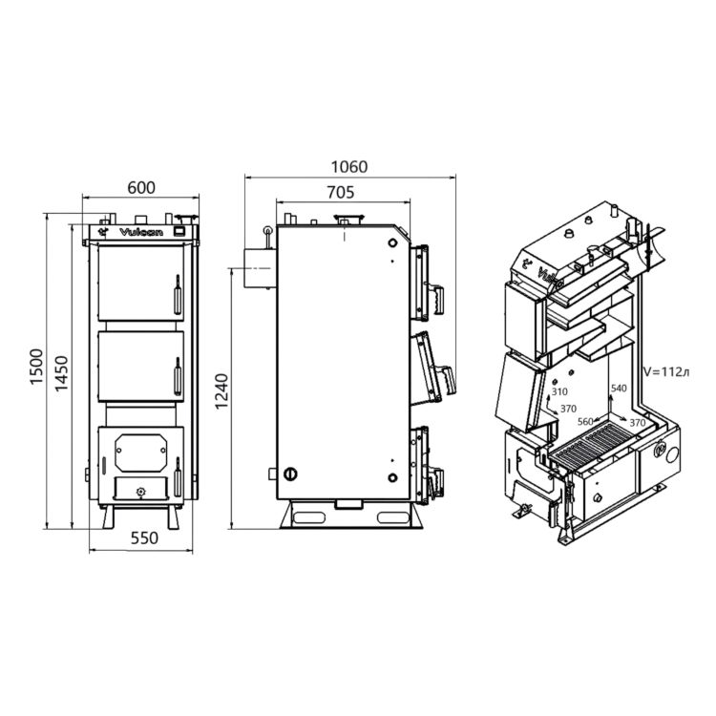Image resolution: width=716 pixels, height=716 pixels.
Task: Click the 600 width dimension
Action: point(141,188)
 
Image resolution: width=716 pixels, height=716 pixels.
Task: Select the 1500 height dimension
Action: point(36,367)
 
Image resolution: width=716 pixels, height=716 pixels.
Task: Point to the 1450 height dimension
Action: point(62,373)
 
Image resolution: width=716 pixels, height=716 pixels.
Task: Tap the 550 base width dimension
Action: point(144,537)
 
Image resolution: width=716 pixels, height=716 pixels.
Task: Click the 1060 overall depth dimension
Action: point(349,167)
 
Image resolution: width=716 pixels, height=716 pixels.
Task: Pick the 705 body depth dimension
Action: point(341,193)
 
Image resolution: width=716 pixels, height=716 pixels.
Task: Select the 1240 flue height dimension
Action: point(221,391)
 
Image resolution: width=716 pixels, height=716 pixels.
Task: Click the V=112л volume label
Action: point(665,371)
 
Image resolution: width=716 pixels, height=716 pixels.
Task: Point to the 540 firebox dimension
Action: point(619,389)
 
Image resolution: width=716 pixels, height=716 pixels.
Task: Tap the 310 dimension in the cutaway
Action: point(559,391)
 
